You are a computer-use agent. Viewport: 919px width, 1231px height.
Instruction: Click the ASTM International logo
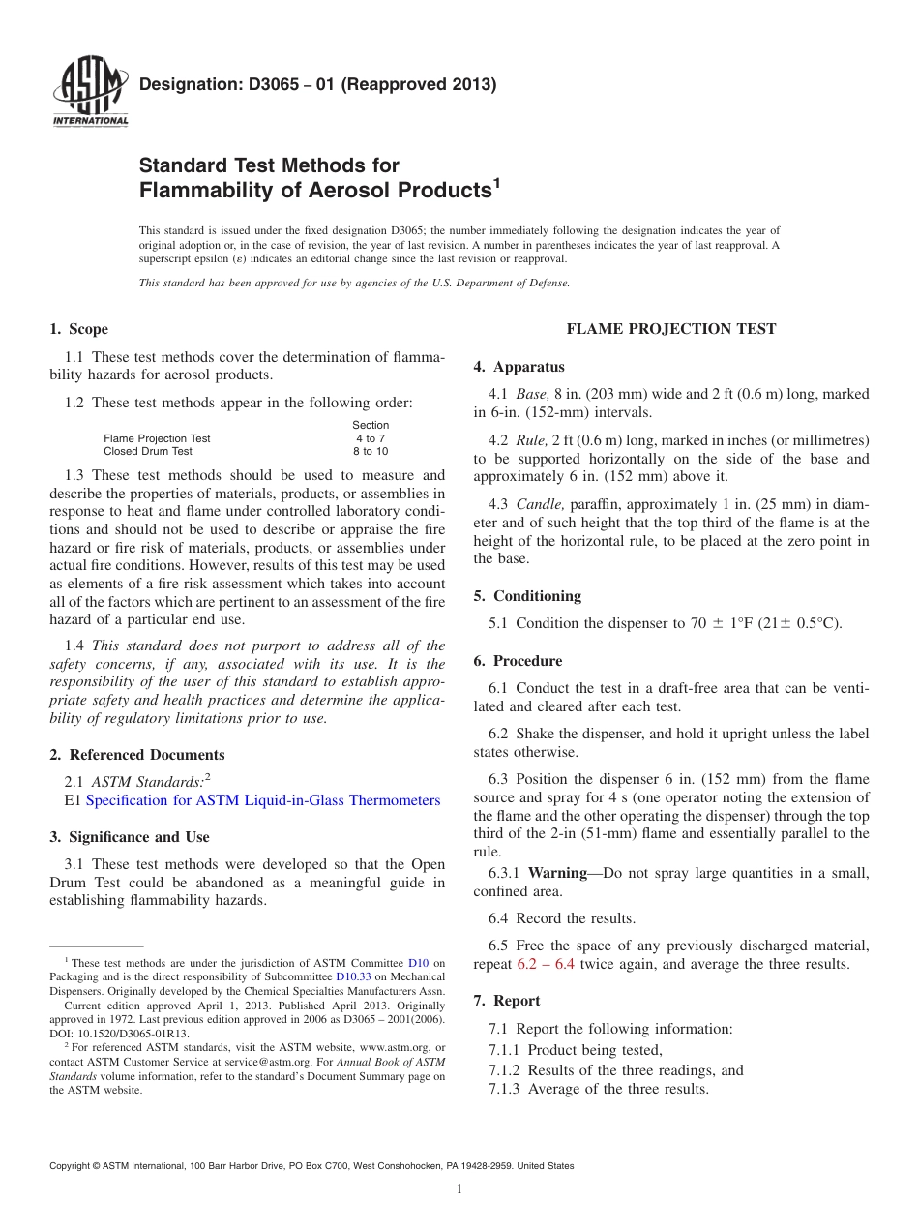click(x=89, y=94)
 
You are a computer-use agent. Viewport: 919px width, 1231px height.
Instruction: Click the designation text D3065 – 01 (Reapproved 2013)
click(x=317, y=84)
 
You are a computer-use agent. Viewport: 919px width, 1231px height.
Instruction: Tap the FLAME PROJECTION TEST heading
click(x=670, y=329)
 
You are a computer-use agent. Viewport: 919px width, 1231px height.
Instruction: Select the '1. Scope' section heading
click(x=78, y=329)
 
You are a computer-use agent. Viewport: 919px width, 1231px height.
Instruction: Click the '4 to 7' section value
click(x=370, y=438)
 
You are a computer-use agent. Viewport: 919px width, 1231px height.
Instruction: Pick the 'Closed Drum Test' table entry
click(x=148, y=451)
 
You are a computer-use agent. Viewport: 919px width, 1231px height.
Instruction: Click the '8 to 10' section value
click(x=370, y=451)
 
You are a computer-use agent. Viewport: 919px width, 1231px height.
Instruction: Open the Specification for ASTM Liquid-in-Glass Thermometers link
click(x=263, y=800)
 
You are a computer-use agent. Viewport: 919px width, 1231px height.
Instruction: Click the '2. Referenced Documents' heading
click(x=136, y=755)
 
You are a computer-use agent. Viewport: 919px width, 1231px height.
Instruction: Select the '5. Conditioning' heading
click(x=527, y=596)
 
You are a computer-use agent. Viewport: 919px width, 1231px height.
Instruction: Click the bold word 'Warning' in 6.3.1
click(x=557, y=873)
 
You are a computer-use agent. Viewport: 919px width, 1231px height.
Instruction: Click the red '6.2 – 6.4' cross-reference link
click(x=546, y=964)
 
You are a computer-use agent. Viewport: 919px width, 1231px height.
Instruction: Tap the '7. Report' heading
click(x=507, y=1001)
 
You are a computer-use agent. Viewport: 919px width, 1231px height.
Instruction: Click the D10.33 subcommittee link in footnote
click(x=352, y=976)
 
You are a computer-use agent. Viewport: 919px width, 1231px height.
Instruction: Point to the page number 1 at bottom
click(x=459, y=1189)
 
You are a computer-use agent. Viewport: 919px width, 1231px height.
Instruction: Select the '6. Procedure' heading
click(x=518, y=661)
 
